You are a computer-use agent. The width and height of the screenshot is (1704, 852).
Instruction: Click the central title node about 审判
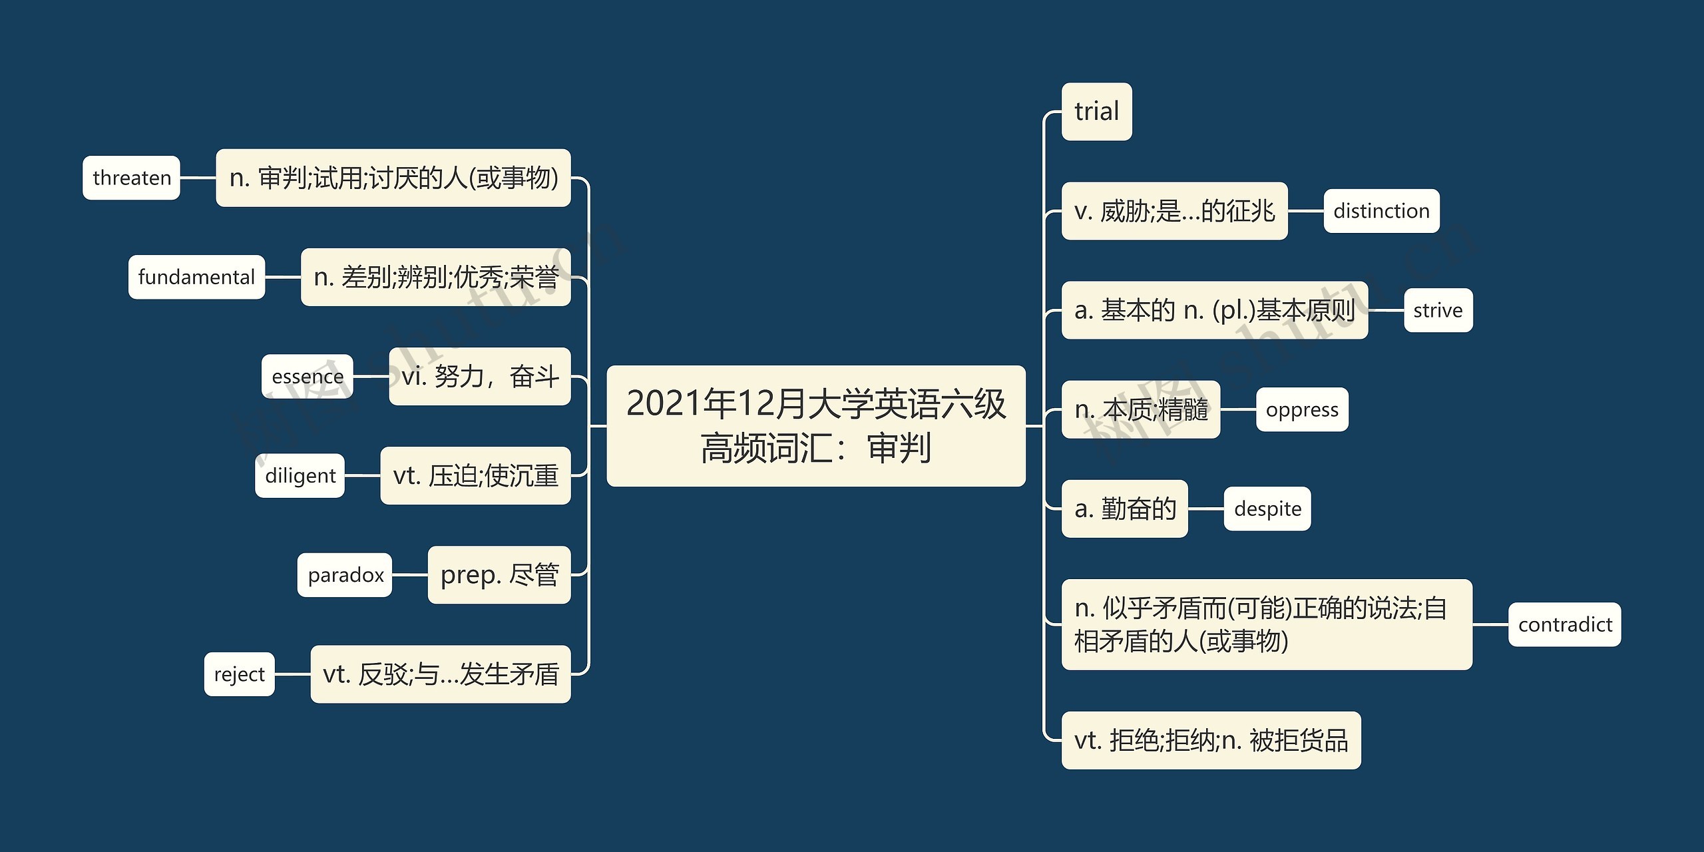[x=815, y=426]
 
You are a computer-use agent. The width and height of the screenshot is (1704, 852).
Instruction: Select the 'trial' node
[x=1096, y=112]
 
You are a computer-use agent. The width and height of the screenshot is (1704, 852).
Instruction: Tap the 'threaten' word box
[x=132, y=178]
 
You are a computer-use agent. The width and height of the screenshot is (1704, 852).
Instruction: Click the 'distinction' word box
[x=1381, y=211]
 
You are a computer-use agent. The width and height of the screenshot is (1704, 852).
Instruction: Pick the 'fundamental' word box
[x=196, y=277]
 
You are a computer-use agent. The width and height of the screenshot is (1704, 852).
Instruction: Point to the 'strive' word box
[x=1438, y=310]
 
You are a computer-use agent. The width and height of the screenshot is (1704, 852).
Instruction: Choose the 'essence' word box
[x=307, y=376]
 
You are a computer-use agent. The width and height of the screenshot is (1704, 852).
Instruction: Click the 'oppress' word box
[x=1301, y=409]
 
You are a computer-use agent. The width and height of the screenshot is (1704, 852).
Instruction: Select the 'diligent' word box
[x=300, y=475]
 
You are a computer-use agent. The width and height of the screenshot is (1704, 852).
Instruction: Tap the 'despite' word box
[x=1267, y=509]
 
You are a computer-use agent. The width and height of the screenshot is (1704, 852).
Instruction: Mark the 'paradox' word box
[x=345, y=574]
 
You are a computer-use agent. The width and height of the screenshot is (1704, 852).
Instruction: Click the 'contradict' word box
[x=1564, y=624]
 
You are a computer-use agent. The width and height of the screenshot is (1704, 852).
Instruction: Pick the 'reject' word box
[x=239, y=674]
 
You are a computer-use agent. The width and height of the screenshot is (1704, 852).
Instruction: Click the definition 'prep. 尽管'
[x=499, y=574]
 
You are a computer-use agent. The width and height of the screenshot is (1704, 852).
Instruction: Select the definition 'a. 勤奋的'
[x=1124, y=509]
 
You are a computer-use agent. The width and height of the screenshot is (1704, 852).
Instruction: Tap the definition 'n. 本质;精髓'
[x=1140, y=409]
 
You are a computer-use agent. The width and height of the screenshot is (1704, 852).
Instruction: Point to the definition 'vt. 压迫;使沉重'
[x=475, y=475]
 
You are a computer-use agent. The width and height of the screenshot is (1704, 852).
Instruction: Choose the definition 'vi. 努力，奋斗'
[x=479, y=376]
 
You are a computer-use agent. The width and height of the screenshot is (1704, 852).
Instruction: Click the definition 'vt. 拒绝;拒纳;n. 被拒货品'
[x=1211, y=740]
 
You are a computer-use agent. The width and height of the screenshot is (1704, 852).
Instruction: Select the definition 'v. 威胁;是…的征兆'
[x=1174, y=211]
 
